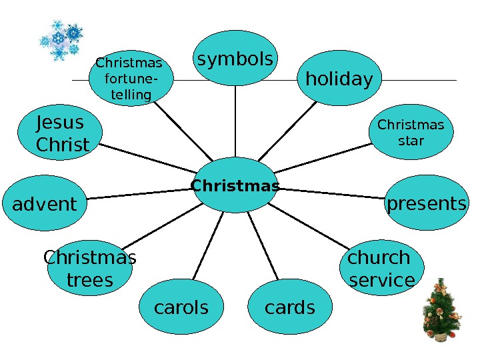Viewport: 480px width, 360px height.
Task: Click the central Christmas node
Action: pyautogui.click(x=235, y=185)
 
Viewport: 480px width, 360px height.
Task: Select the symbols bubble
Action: pyautogui.click(x=235, y=60)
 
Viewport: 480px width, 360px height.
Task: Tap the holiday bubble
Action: pyautogui.click(x=339, y=79)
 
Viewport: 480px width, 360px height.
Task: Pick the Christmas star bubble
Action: pyautogui.click(x=411, y=133)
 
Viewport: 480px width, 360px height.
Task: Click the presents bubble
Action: pyautogui.click(x=427, y=203)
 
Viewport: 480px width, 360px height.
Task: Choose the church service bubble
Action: pyautogui.click(x=381, y=268)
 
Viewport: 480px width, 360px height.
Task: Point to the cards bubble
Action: pyautogui.click(x=289, y=307)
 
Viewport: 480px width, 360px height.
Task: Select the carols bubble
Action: pyautogui.click(x=181, y=307)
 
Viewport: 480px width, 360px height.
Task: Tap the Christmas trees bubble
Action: pyautogui.click(x=89, y=269)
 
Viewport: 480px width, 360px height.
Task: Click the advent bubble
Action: pyautogui.click(x=45, y=204)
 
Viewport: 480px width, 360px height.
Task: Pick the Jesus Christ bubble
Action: pyautogui.click(x=63, y=133)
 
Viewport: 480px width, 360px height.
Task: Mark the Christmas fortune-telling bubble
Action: pyautogui.click(x=131, y=79)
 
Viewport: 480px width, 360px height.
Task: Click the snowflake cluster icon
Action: pyautogui.click(x=60, y=40)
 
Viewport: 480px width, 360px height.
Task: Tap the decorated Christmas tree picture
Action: pyautogui.click(x=442, y=309)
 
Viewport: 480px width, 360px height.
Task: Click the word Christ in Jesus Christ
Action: pyautogui.click(x=63, y=145)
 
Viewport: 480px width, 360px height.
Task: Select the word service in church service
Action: pyautogui.click(x=382, y=281)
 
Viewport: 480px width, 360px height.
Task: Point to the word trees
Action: pyautogui.click(x=90, y=281)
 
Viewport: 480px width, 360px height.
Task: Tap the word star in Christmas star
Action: pyautogui.click(x=411, y=141)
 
